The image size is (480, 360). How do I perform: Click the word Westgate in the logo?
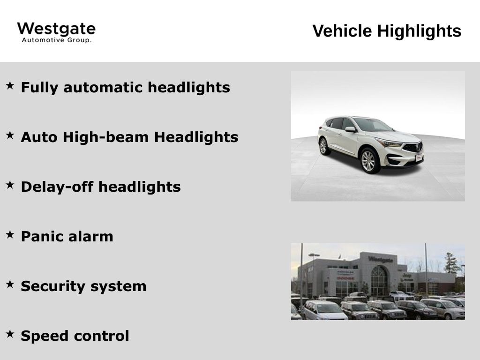[x=56, y=30]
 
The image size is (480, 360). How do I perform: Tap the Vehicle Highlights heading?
[x=387, y=31]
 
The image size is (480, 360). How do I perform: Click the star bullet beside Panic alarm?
[x=10, y=234]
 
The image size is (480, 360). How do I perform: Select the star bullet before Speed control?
[x=10, y=334]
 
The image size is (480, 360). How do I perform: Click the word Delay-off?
[x=57, y=187]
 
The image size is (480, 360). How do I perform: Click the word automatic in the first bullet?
[x=103, y=87]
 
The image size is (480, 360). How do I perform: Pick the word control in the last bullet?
[x=102, y=336]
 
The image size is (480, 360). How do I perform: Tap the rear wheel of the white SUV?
[x=323, y=146]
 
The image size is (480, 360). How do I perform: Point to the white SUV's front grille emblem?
[x=418, y=147]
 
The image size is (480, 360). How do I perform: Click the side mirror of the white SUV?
[x=351, y=129]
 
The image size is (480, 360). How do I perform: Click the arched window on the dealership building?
[x=379, y=280]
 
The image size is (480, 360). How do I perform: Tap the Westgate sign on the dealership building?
[x=380, y=260]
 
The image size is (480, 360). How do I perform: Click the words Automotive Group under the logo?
[x=57, y=40]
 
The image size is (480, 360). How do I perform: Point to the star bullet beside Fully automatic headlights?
[x=10, y=85]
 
